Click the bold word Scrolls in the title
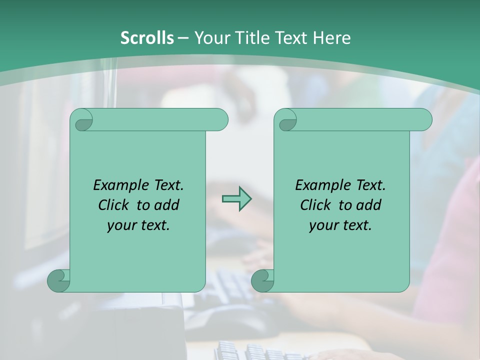point(147,38)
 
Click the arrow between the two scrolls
point(236,199)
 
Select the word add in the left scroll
point(167,205)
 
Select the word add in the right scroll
point(369,205)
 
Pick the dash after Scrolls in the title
point(183,38)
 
